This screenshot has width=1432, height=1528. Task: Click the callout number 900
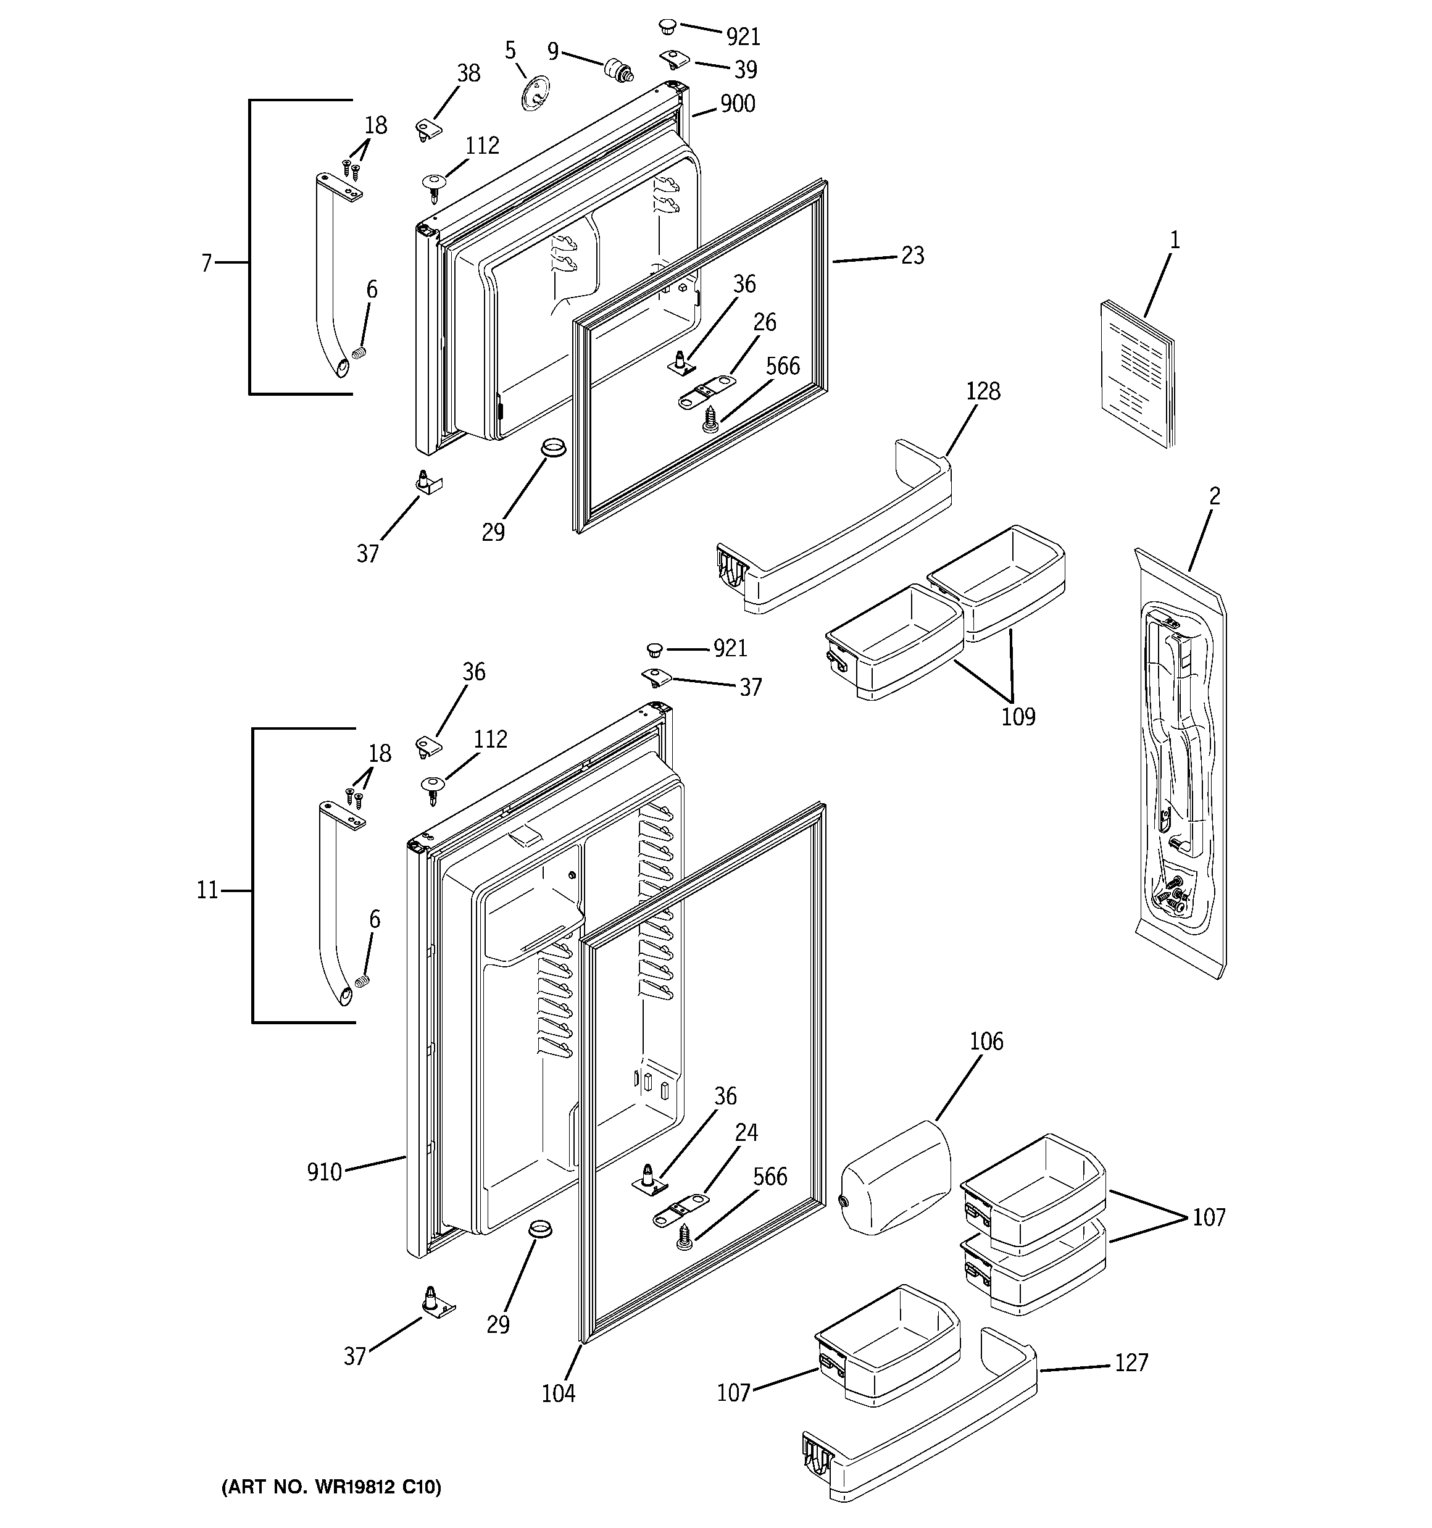737,104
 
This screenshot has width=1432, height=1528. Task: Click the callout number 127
1131,1363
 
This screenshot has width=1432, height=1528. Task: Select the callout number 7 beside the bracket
206,264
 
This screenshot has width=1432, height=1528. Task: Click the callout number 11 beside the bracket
207,890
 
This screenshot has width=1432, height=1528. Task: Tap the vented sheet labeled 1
1136,375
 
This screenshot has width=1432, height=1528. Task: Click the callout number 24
746,1132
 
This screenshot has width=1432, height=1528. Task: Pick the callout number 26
764,322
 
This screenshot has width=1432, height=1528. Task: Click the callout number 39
745,69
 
